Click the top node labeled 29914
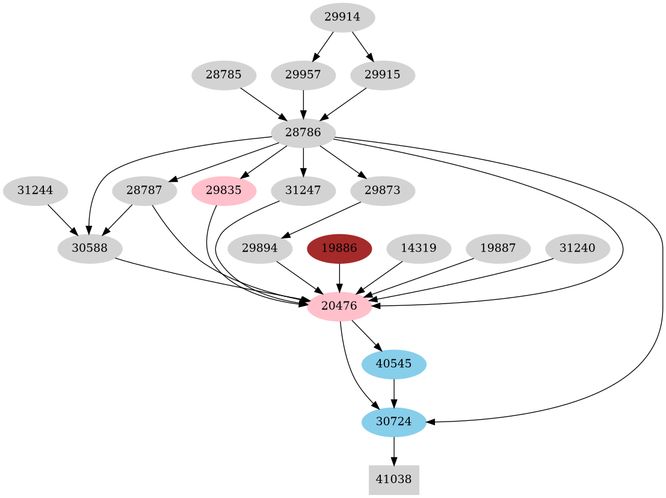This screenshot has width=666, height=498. [x=342, y=17]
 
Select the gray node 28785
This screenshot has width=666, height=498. [x=224, y=75]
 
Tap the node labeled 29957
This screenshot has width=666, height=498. [x=303, y=75]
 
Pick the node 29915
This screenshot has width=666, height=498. [x=383, y=75]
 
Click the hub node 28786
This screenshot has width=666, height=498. [x=303, y=132]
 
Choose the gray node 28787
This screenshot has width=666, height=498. [x=144, y=191]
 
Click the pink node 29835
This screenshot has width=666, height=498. [x=224, y=191]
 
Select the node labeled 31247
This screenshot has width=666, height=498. [x=303, y=191]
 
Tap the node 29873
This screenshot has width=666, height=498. [x=383, y=191]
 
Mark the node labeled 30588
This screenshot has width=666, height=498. [x=90, y=249]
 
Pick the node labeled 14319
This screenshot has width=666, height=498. [x=419, y=249]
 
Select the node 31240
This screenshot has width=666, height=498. [x=578, y=249]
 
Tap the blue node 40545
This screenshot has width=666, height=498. [x=394, y=364]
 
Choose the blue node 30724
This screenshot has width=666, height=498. [x=394, y=422]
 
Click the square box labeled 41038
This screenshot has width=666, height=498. [x=394, y=480]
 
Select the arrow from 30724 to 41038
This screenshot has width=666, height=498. [x=394, y=450]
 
